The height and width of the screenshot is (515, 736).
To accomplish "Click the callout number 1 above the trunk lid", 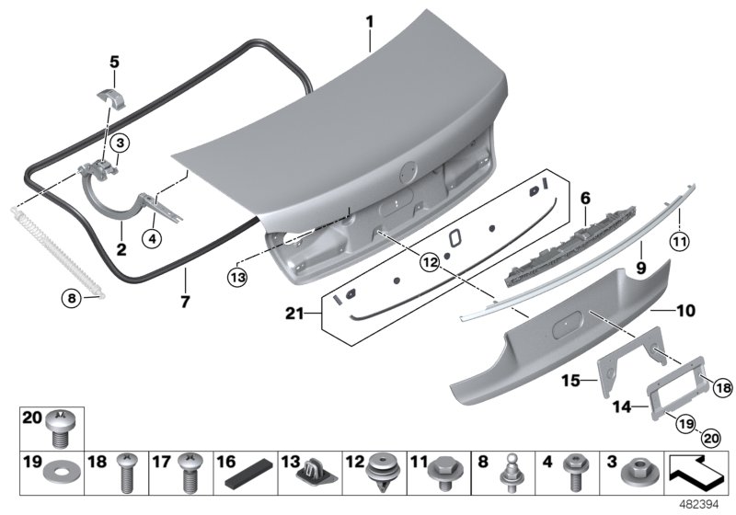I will (369, 19).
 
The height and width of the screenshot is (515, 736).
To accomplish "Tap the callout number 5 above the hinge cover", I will (115, 63).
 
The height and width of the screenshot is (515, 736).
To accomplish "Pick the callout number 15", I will (570, 379).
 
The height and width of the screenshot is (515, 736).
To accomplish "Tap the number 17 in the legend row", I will (161, 460).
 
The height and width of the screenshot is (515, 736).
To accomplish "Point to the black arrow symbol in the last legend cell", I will (696, 471).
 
